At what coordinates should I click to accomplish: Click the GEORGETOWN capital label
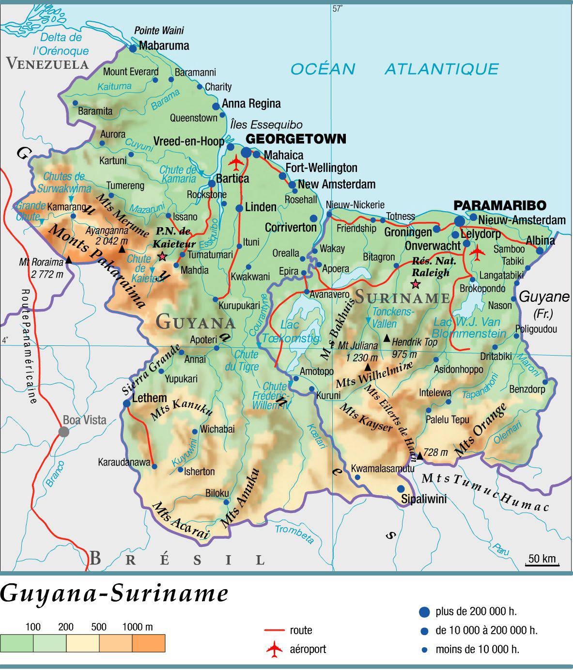click(x=297, y=139)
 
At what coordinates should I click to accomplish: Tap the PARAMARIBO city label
click(x=499, y=205)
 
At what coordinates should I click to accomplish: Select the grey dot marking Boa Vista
click(x=64, y=432)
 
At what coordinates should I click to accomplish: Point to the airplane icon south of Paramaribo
click(x=477, y=252)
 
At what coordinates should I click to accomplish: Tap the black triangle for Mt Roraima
click(x=69, y=260)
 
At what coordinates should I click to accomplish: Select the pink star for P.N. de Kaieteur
click(x=162, y=256)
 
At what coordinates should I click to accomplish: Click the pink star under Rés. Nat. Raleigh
click(x=415, y=283)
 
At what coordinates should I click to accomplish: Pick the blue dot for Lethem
click(x=127, y=403)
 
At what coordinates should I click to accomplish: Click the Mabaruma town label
click(x=164, y=46)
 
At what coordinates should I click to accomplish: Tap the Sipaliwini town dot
click(x=401, y=489)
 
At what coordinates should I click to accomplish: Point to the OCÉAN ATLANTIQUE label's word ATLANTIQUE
click(x=441, y=69)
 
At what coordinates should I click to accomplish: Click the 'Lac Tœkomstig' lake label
click(x=291, y=331)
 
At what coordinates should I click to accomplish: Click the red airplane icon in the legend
click(x=274, y=649)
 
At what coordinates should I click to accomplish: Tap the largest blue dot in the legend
click(x=424, y=612)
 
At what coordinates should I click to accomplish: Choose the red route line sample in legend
click(x=274, y=630)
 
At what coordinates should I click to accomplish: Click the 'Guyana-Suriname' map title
click(x=114, y=594)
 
